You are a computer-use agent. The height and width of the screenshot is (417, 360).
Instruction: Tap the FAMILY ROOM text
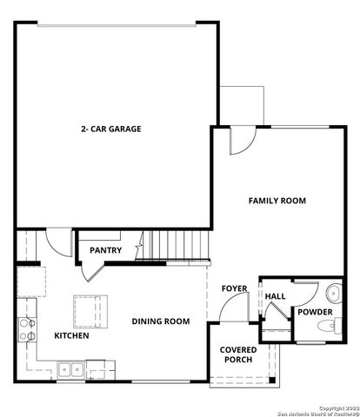pos(277,201)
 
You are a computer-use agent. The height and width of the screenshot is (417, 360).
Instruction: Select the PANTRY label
pos(105,251)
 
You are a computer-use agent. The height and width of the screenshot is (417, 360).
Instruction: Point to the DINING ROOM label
pos(161,321)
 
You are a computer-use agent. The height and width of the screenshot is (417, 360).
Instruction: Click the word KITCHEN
pos(71,335)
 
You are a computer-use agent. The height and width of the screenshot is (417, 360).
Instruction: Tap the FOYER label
pos(234,288)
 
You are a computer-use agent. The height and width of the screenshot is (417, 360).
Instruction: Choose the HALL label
pos(275,296)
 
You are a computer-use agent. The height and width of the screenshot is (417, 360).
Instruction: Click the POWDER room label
pos(313,311)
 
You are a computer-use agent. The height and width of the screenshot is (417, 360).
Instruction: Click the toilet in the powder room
pos(326,327)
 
